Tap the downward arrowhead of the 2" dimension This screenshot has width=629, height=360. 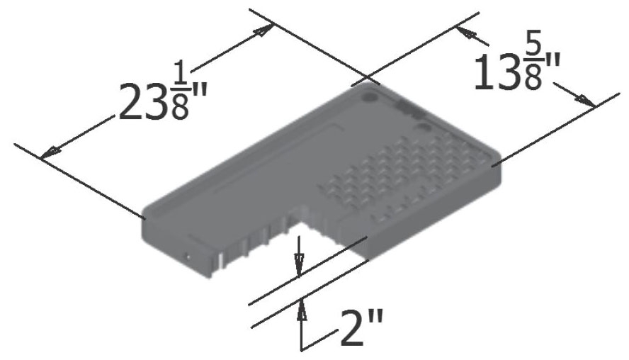(x=299, y=268)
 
